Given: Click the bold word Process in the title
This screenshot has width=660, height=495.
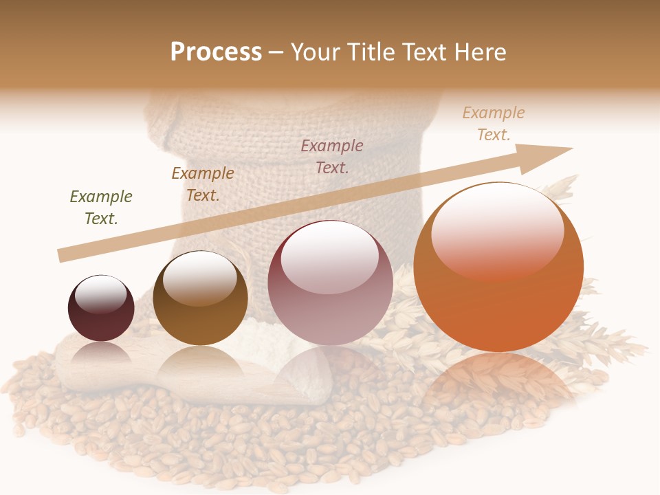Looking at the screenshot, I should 216,52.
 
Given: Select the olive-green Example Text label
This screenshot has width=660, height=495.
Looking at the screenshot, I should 101,208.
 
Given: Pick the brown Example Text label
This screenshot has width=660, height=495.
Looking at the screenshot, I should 203,184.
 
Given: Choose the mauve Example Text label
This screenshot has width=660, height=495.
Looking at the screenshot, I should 332,156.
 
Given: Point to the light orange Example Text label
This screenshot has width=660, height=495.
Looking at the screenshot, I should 494,124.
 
